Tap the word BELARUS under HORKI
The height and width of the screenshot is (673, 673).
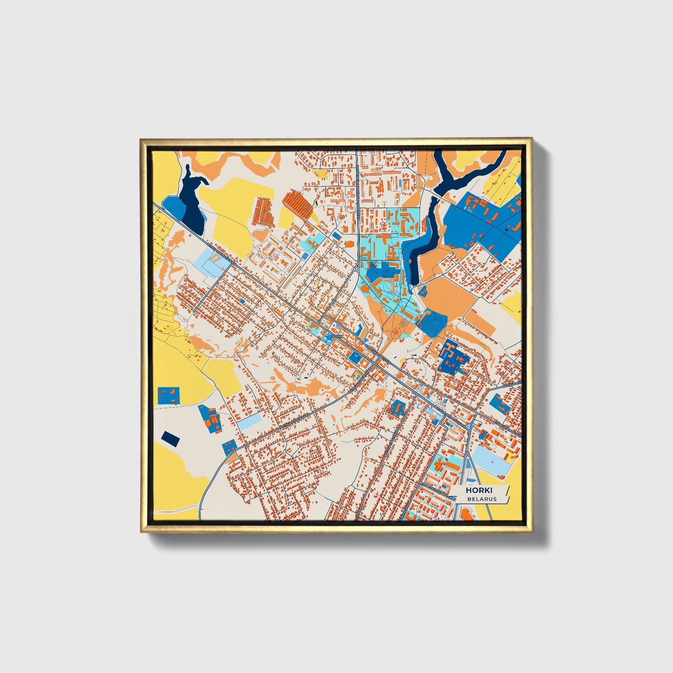pos(482,499)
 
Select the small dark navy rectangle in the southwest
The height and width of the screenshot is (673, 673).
pos(170,438)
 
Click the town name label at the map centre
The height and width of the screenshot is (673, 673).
pos(336,336)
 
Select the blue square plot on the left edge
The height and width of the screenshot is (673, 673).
pos(169,395)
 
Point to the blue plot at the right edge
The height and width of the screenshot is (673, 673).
pos(500,404)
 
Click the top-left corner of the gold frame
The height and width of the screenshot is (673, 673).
pos(142,140)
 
